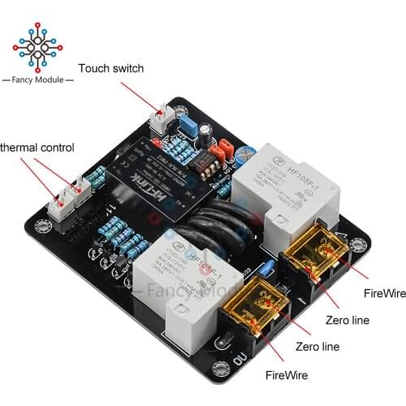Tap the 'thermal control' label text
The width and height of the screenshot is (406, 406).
point(37,148)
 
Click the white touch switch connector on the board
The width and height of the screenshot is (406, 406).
point(161,120)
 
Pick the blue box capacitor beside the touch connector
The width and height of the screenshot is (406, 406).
point(188,124)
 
